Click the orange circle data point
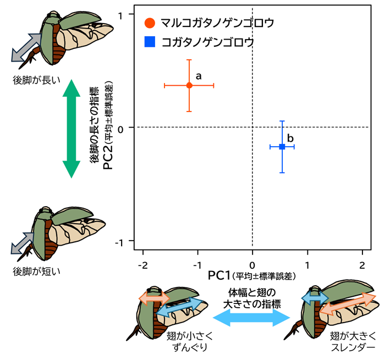click(189, 86)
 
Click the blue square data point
click(282, 147)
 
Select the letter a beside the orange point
click(199, 76)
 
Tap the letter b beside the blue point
click(290, 138)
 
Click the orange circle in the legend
click(150, 23)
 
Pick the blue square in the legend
click(150, 42)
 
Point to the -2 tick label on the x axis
click(143, 265)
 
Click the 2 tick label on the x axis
click(362, 265)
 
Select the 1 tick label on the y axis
click(120, 16)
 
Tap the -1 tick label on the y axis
click(119, 243)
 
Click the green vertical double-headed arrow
click(72, 129)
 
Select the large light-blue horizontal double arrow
click(251, 318)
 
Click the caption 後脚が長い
click(36, 80)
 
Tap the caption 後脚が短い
click(36, 272)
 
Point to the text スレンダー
click(353, 347)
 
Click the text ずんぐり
click(190, 347)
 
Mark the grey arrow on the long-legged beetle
click(26, 48)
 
